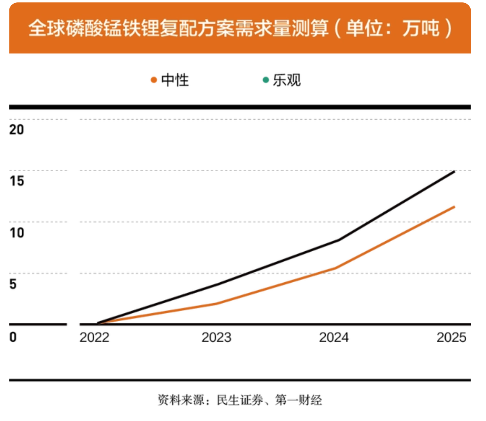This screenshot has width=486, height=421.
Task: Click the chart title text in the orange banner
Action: click(x=240, y=28)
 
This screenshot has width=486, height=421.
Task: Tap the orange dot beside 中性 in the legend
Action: click(x=153, y=80)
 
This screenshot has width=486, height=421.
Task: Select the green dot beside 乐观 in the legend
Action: click(x=265, y=80)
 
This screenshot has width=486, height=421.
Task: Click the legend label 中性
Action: click(x=175, y=80)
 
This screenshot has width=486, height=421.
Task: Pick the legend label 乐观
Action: click(x=287, y=80)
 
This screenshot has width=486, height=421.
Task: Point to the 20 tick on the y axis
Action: click(x=17, y=129)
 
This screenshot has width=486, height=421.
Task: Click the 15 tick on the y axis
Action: click(x=17, y=181)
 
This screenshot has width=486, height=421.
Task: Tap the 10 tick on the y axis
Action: click(x=17, y=232)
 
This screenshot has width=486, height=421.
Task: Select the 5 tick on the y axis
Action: click(x=13, y=284)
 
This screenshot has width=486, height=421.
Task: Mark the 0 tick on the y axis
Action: click(x=13, y=337)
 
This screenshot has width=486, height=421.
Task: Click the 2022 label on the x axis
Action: click(x=94, y=337)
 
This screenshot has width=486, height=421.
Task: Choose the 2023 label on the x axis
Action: click(x=216, y=337)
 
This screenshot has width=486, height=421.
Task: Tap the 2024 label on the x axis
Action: click(x=334, y=337)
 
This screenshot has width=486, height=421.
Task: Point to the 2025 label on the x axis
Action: click(x=451, y=337)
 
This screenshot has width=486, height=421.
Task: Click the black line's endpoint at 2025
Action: click(x=454, y=172)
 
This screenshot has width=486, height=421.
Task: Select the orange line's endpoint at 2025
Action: click(x=454, y=207)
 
